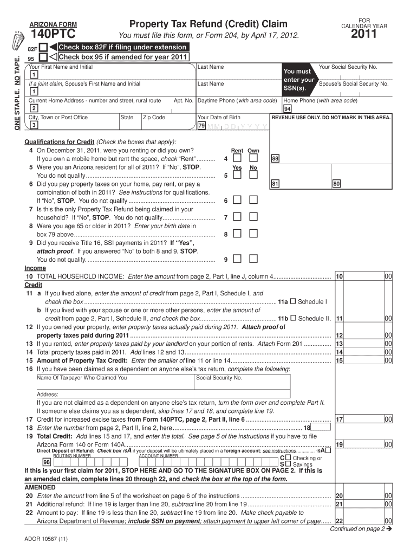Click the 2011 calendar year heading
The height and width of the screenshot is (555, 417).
[x=363, y=36]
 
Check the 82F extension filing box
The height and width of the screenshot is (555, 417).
[x=43, y=48]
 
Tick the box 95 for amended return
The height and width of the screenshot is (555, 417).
[x=43, y=57]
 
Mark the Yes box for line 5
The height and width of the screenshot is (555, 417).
[x=237, y=176]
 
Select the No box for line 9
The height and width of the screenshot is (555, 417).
[x=253, y=259]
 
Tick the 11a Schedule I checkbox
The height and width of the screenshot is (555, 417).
[x=292, y=301]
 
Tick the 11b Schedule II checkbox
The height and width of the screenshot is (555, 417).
[x=292, y=319]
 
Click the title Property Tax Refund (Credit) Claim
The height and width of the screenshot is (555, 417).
[x=208, y=24]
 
